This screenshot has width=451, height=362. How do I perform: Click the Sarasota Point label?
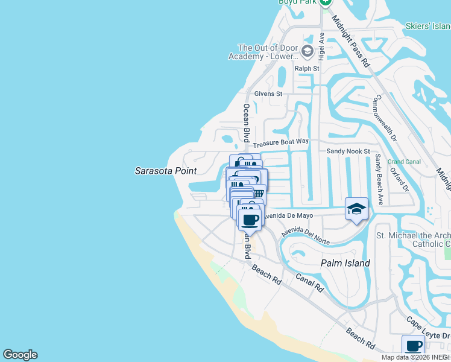pyautogui.click(x=165, y=171)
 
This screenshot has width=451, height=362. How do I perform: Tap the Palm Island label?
pyautogui.click(x=345, y=263)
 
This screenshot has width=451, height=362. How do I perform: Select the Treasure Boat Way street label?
pyautogui.click(x=280, y=143)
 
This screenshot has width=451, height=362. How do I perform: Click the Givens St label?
pyautogui.click(x=268, y=94)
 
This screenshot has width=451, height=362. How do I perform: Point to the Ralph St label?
pyautogui.click(x=306, y=69)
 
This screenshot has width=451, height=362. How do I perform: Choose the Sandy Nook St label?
pyautogui.click(x=347, y=151)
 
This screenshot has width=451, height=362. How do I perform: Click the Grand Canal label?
pyautogui.click(x=403, y=162)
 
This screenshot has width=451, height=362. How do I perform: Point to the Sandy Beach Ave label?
pyautogui.click(x=379, y=180)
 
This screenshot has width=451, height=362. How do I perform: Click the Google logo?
pyautogui.click(x=20, y=355)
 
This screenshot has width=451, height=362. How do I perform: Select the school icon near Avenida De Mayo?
pyautogui.click(x=356, y=209)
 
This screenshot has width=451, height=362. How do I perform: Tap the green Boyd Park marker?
pyautogui.click(x=326, y=2)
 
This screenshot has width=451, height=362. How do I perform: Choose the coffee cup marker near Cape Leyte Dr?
pyautogui.click(x=414, y=346)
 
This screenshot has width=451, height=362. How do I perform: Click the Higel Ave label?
pyautogui.click(x=322, y=46)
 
